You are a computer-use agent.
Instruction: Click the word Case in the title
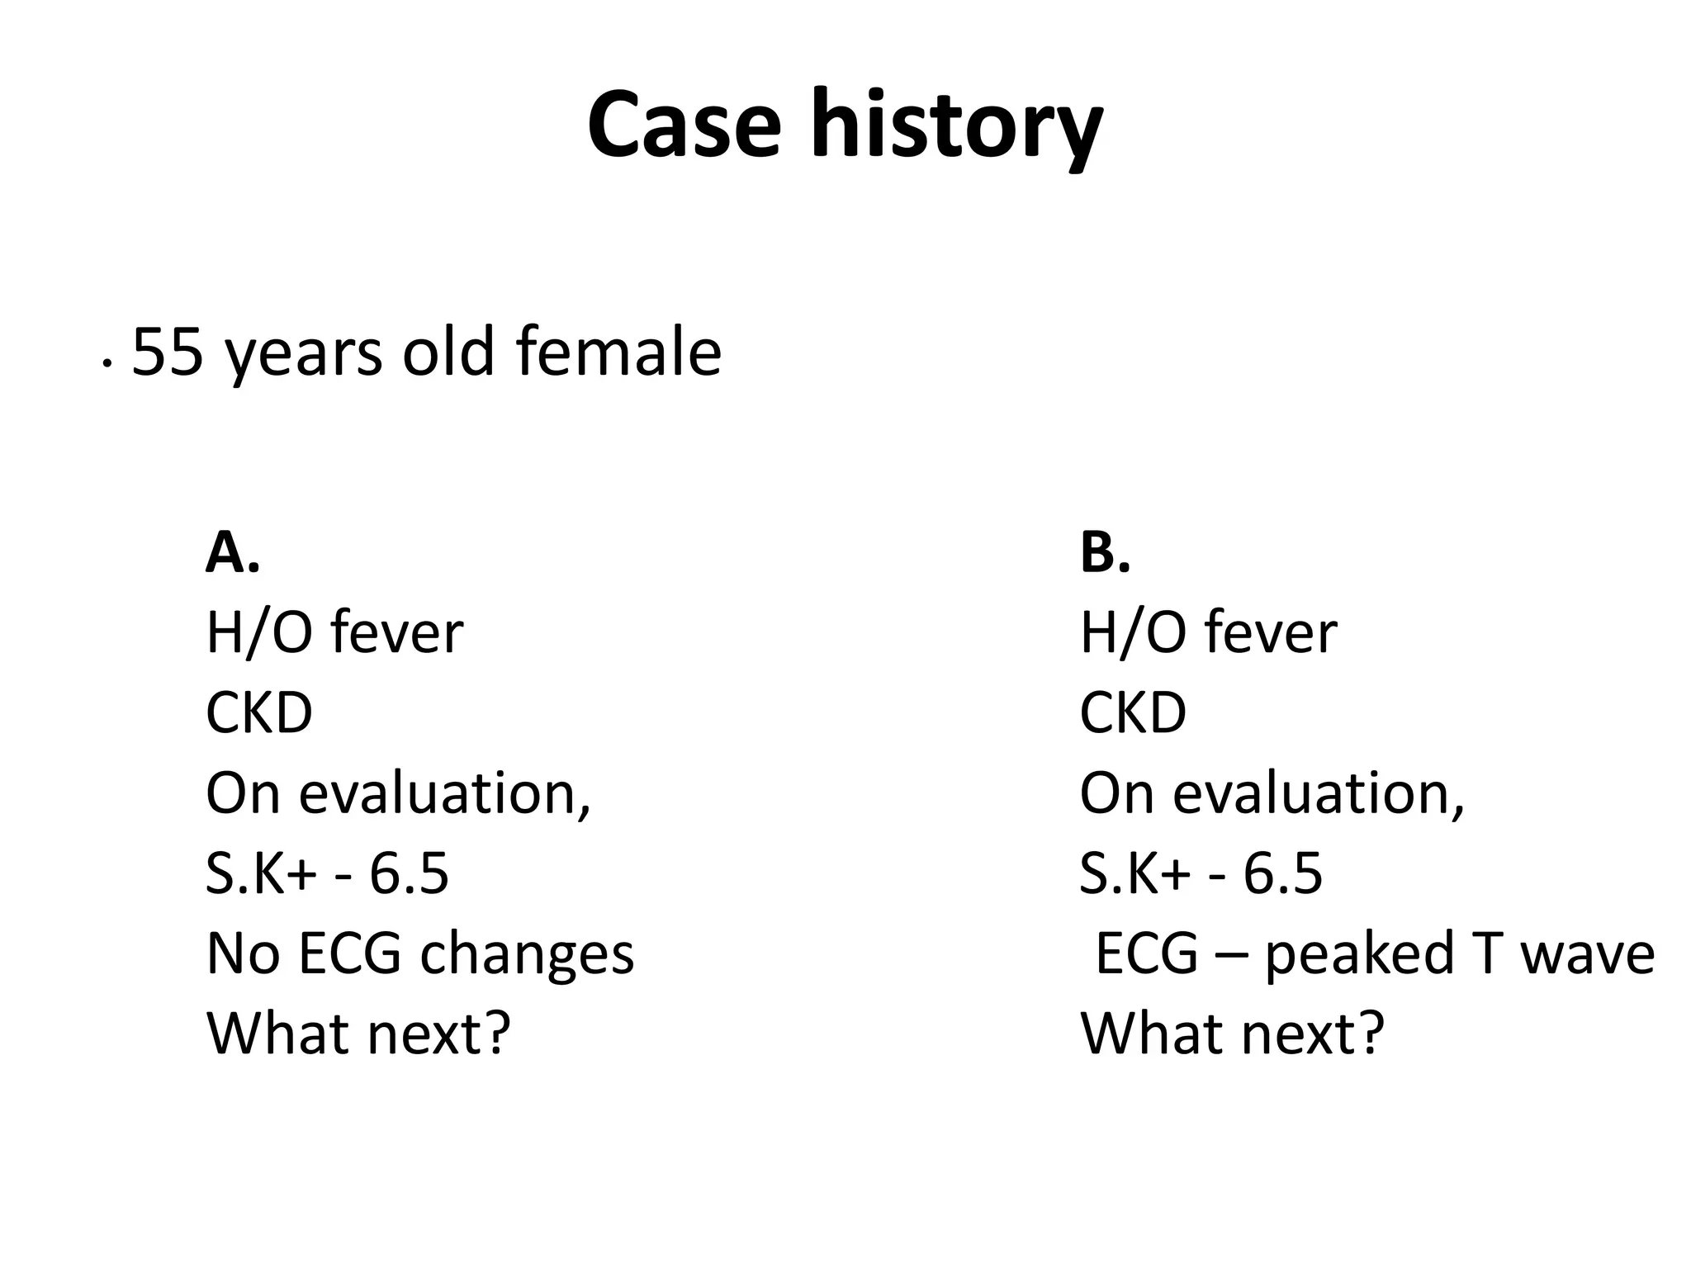tap(684, 125)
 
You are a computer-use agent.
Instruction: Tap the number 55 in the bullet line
tap(168, 352)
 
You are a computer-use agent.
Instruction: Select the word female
tap(618, 352)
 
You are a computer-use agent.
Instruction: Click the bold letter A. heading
tap(232, 552)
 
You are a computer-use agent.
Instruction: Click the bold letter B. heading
tap(1105, 552)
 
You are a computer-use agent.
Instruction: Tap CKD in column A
tap(259, 712)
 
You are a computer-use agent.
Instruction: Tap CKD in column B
tap(1133, 712)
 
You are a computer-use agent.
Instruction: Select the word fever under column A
tap(397, 633)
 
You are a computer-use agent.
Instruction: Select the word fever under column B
tap(1271, 633)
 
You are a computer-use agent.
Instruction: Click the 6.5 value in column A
tap(409, 873)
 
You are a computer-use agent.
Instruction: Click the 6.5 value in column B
tap(1282, 873)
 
